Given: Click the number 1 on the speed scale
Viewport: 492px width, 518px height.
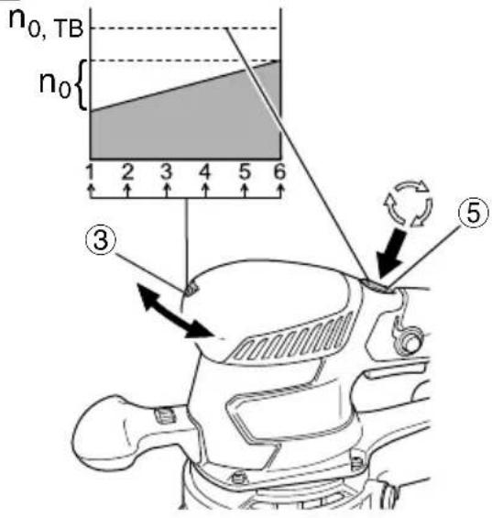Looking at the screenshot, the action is click(89, 171).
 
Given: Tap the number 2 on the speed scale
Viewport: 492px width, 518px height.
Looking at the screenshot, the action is click(127, 171).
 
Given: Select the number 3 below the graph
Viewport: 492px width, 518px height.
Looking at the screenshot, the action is click(167, 171).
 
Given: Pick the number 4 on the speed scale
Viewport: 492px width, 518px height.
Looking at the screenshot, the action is click(205, 171).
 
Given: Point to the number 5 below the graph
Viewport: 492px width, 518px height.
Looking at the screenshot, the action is click(245, 171).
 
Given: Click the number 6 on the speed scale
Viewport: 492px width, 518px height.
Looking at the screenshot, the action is click(279, 171).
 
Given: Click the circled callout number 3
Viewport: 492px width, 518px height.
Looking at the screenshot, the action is click(101, 240).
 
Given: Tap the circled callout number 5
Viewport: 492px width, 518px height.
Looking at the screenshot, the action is click(473, 213).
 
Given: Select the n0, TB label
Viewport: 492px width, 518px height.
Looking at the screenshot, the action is click(46, 24).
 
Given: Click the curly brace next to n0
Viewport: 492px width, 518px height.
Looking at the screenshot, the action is click(80, 84).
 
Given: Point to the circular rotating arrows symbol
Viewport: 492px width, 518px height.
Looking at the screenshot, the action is click(408, 204).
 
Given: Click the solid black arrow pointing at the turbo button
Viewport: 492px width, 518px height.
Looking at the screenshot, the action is click(391, 253).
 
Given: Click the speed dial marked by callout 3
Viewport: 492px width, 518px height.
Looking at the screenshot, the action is click(191, 290).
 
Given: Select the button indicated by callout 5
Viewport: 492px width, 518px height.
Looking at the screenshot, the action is click(377, 286).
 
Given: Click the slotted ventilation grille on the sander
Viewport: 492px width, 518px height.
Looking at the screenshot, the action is click(292, 337).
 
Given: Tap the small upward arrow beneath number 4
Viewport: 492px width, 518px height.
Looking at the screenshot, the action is click(206, 191).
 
